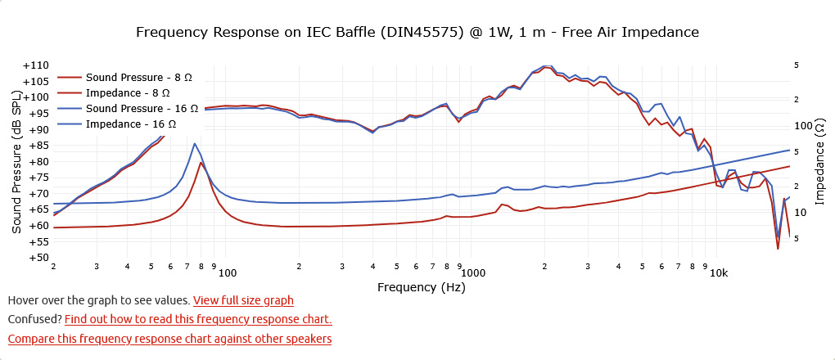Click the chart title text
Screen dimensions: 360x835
(417, 33)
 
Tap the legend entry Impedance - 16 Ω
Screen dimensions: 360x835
(131, 124)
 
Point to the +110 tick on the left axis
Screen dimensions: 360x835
(36, 65)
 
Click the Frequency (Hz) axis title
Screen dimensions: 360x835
(421, 287)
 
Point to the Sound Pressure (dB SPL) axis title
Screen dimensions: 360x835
(16, 162)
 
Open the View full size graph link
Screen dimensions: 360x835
(243, 301)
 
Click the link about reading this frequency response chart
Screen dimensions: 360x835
(198, 319)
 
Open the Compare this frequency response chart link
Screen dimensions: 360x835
(169, 338)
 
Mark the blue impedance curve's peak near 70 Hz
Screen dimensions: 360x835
(195, 144)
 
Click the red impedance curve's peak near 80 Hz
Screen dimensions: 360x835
(201, 162)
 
